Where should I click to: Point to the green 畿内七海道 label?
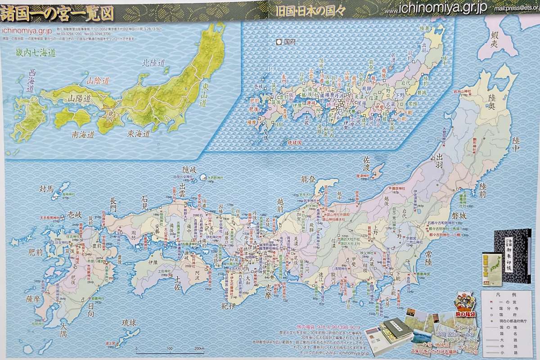click(x=36, y=53)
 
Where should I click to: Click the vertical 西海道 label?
click(x=31, y=81)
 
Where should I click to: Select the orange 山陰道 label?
click(x=98, y=81)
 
